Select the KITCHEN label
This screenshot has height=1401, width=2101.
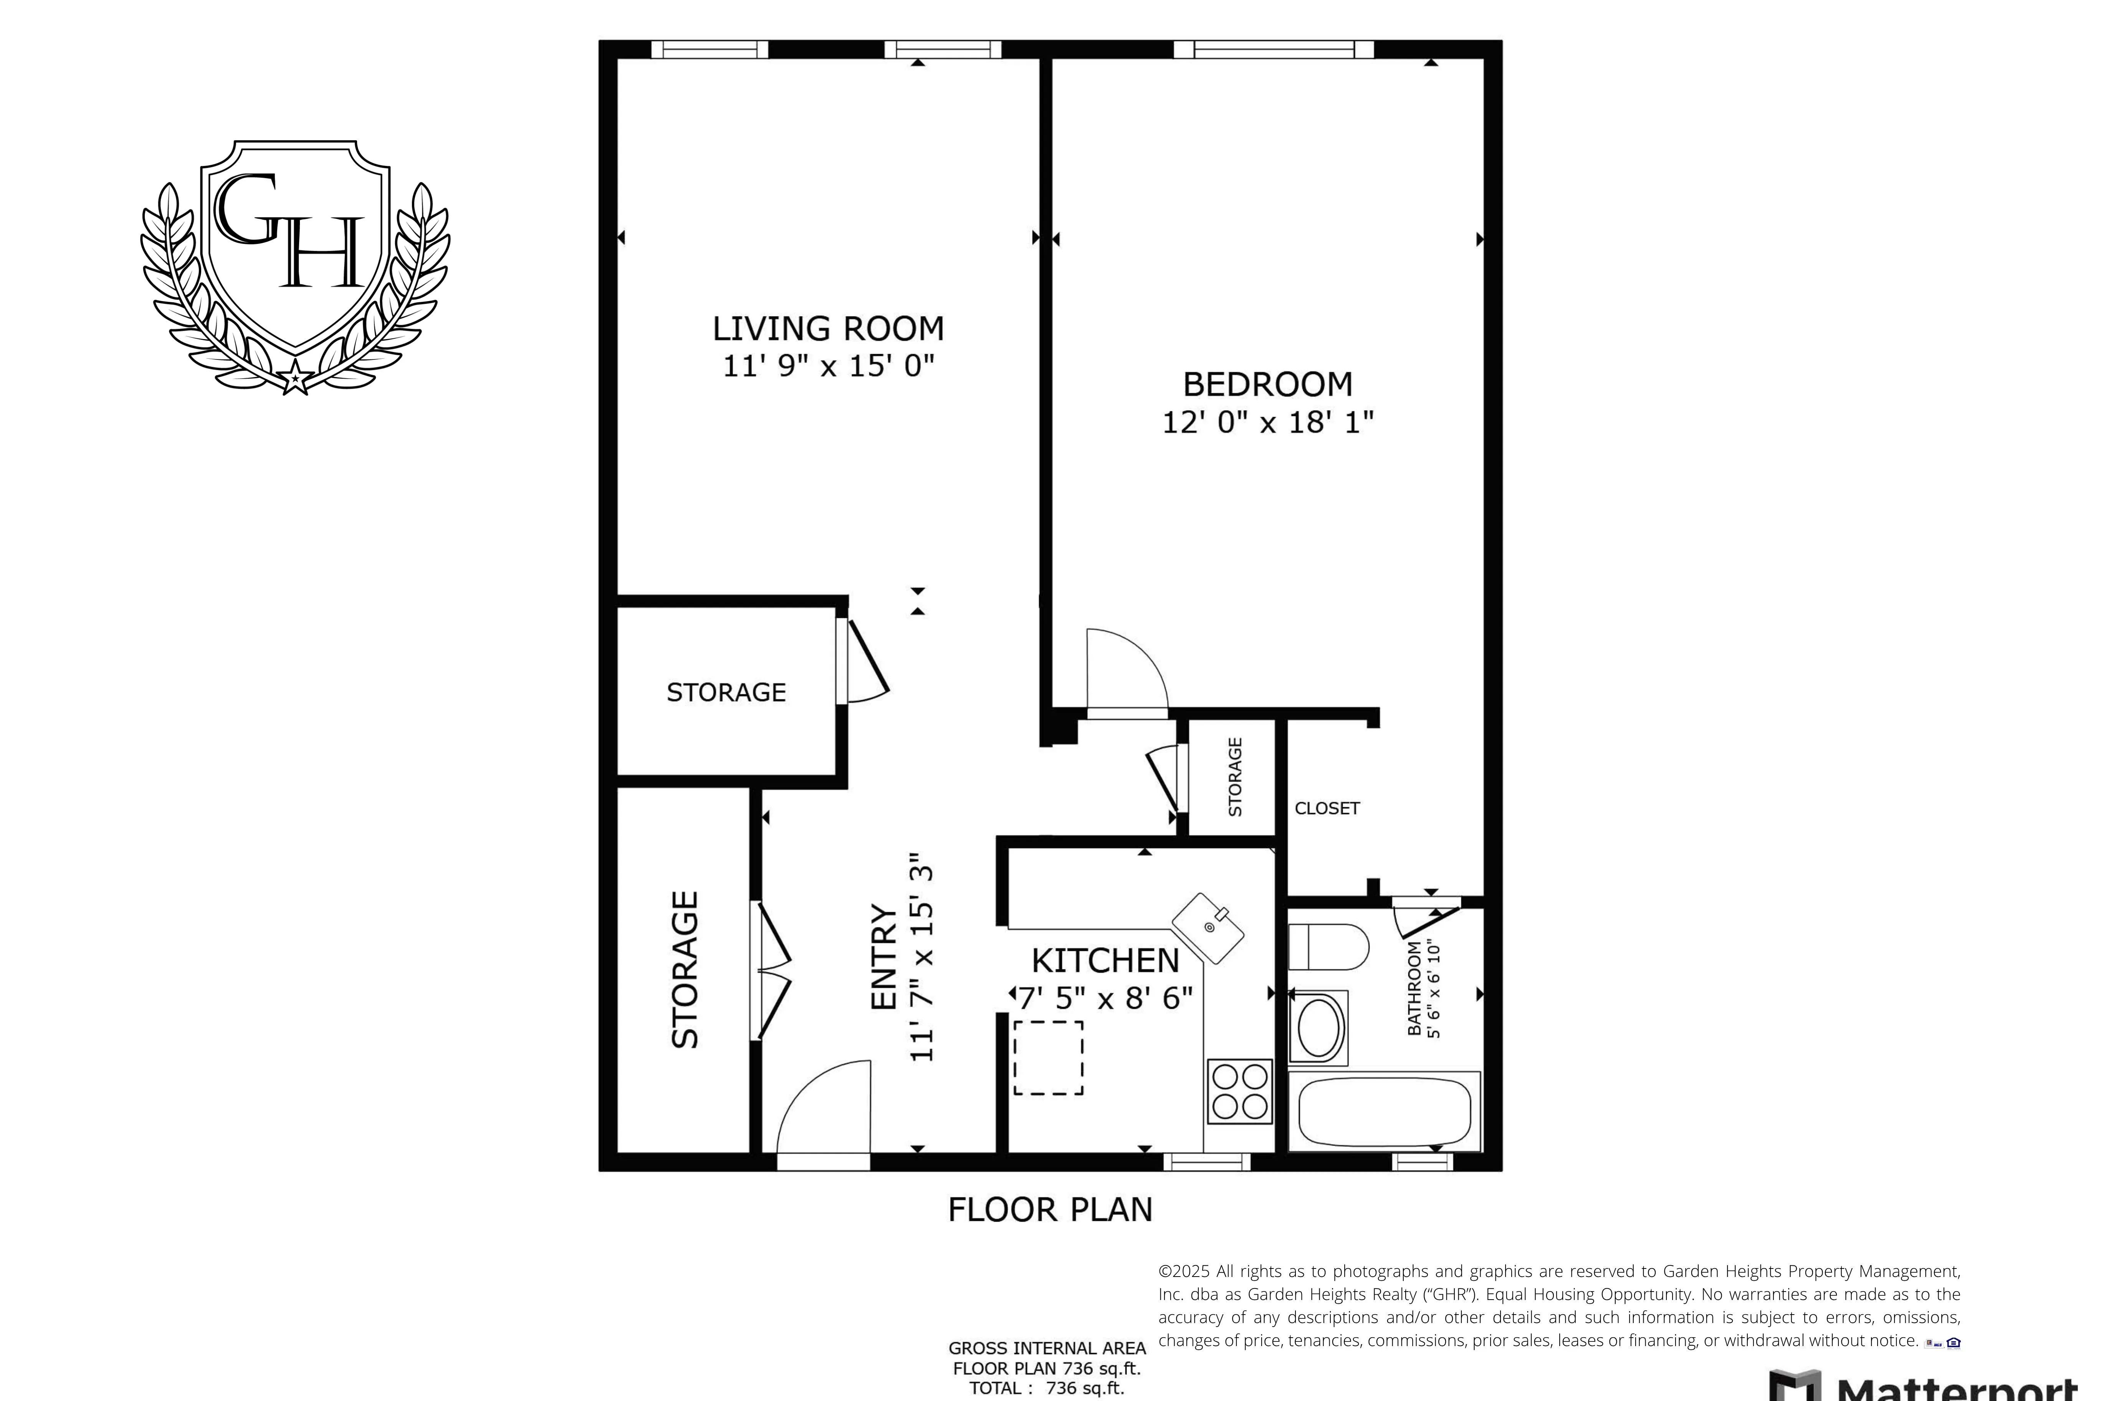(x=1105, y=960)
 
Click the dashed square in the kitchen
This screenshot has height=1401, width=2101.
(x=1048, y=1058)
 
